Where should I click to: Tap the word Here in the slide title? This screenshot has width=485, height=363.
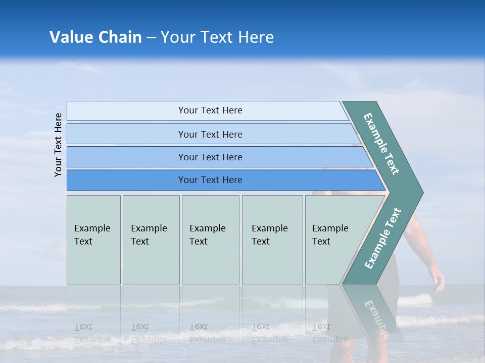(x=256, y=37)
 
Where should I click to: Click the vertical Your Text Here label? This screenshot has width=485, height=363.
(x=58, y=145)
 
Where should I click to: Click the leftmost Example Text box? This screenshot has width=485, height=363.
(x=93, y=239)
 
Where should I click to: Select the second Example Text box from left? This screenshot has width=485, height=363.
(x=151, y=239)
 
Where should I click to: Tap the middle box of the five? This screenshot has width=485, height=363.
(x=210, y=239)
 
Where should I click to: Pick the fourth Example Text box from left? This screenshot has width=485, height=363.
(x=272, y=239)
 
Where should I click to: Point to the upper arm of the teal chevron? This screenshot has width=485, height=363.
(x=382, y=144)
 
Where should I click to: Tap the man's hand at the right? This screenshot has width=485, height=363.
(x=438, y=280)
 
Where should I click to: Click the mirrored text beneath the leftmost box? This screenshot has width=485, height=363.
(x=92, y=333)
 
